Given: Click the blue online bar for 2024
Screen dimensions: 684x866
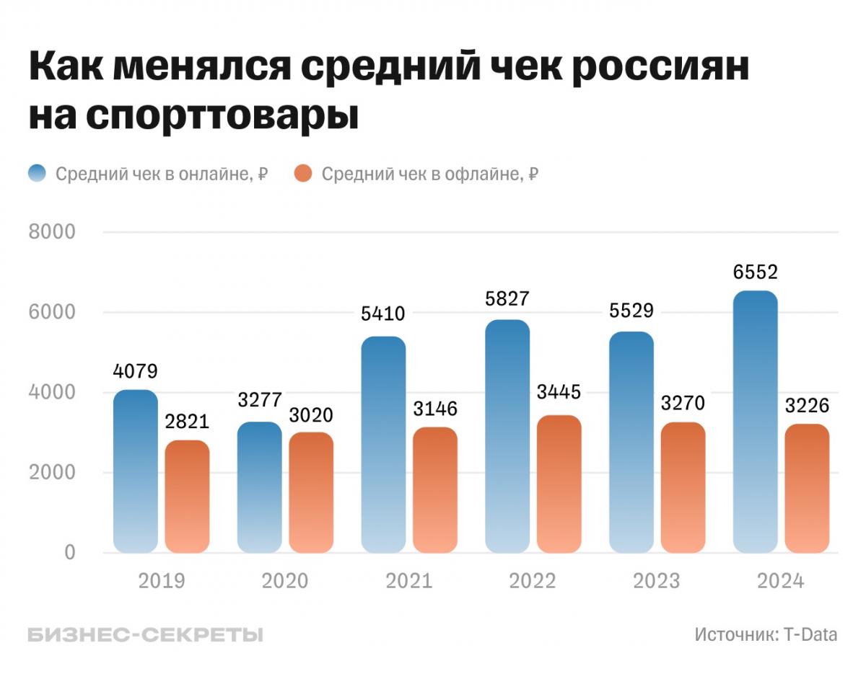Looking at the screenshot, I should [755, 422].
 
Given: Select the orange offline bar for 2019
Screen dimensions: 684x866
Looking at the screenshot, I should [187, 497].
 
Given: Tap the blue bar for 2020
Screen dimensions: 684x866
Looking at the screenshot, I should [259, 487].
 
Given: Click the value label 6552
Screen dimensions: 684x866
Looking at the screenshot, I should [755, 272].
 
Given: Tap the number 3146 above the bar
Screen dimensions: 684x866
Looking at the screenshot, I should [435, 409].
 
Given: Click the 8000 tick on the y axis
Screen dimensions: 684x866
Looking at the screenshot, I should [51, 232].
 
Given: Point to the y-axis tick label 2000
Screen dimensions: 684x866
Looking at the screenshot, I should [51, 473].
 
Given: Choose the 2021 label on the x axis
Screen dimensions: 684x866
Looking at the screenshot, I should [408, 581].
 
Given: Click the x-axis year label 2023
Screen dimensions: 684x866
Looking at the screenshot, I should [657, 581].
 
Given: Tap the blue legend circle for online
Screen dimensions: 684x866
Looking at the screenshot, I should [37, 174].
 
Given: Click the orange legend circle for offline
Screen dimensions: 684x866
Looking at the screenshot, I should [303, 174].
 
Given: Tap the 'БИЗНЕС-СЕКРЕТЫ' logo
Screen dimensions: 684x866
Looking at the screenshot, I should [145, 635].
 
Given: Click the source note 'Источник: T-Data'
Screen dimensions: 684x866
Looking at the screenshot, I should [766, 635].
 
